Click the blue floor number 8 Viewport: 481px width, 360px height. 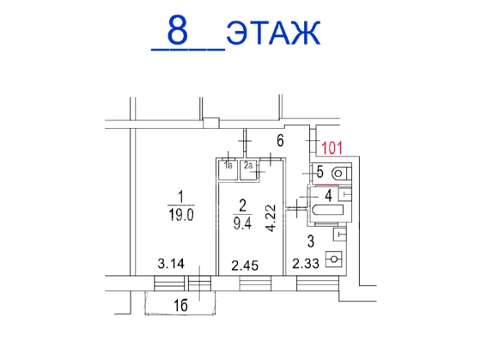(177, 29)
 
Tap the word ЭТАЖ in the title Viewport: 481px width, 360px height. (273, 33)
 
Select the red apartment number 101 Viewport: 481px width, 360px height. (332, 148)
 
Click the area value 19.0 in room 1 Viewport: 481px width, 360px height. (181, 215)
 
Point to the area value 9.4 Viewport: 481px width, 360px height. (242, 223)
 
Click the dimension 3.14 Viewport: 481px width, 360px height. (171, 264)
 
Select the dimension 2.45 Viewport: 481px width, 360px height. (245, 265)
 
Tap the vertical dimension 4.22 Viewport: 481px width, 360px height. (271, 218)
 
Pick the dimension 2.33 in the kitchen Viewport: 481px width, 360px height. (306, 264)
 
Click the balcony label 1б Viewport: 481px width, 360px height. (180, 306)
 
